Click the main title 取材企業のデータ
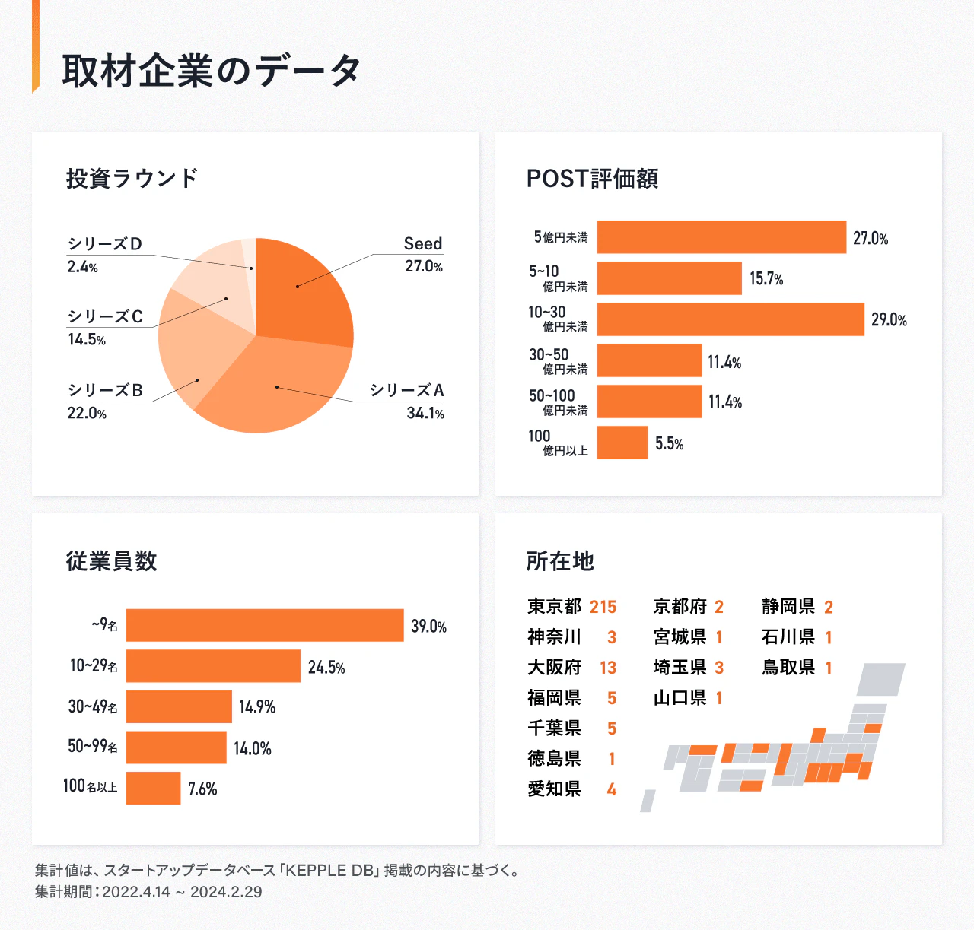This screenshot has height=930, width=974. coord(212,71)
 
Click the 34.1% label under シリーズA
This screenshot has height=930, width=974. coord(425,413)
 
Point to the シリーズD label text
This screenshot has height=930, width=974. coord(105,244)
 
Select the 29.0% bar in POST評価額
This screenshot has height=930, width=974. coord(730,319)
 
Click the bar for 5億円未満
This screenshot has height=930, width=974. coord(721,237)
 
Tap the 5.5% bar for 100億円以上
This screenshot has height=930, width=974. coord(622,443)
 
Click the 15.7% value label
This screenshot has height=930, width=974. coord(766,279)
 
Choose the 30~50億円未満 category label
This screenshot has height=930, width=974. coord(559,361)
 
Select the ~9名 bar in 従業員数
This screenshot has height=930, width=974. coord(265,625)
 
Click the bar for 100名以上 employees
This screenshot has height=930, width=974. coord(153,788)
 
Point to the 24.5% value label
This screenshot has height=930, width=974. coord(326,668)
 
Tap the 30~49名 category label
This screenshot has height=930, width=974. coord(93,706)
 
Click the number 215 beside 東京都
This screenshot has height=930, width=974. coord(603,607)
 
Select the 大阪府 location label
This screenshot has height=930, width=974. coord(554,668)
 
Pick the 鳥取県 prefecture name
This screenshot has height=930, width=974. coord(788,668)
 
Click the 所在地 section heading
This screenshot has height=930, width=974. coord(560,561)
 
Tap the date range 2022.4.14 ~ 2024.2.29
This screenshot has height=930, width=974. coord(182,892)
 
